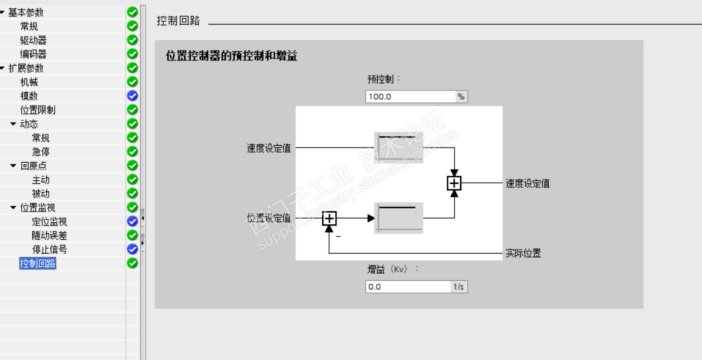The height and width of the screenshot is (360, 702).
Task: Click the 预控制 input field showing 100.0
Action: pyautogui.click(x=410, y=97)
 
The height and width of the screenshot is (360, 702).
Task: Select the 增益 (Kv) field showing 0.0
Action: pyautogui.click(x=408, y=287)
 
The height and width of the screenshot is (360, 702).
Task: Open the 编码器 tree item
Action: pyautogui.click(x=33, y=54)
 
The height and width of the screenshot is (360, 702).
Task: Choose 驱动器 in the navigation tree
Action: pyautogui.click(x=33, y=41)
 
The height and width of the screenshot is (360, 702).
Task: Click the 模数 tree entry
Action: pyautogui.click(x=29, y=96)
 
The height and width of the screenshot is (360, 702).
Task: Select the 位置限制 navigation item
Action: pyautogui.click(x=38, y=110)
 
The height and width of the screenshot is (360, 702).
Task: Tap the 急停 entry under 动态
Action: pyautogui.click(x=41, y=152)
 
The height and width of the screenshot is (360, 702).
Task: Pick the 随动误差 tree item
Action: pyautogui.click(x=49, y=235)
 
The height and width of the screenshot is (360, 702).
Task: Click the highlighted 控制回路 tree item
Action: pyautogui.click(x=38, y=264)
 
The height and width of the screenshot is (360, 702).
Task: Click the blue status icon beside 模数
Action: pyautogui.click(x=132, y=96)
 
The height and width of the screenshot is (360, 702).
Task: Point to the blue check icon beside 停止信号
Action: pyautogui.click(x=132, y=250)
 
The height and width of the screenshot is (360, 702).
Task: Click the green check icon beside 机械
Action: pyautogui.click(x=132, y=82)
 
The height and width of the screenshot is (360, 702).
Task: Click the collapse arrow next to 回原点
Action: pyautogui.click(x=13, y=166)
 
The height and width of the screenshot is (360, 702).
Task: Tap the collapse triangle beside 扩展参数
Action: pyautogui.click(x=2, y=68)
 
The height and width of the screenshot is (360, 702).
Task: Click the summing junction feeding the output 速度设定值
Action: pyautogui.click(x=454, y=183)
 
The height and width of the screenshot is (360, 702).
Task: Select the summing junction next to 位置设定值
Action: pyautogui.click(x=329, y=218)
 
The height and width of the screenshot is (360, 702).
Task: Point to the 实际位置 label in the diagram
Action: pyautogui.click(x=524, y=254)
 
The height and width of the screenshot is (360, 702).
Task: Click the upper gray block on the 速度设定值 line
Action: pyautogui.click(x=399, y=147)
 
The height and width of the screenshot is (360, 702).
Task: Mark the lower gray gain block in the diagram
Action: pyautogui.click(x=399, y=218)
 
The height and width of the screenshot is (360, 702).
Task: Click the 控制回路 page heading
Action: pyautogui.click(x=178, y=21)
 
